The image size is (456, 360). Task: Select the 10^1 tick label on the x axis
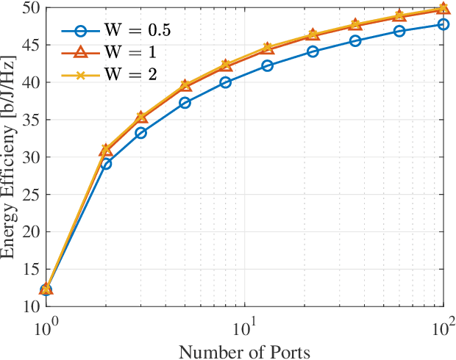tap(245, 323)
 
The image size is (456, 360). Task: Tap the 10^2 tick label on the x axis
tap(443, 323)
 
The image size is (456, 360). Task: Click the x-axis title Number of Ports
tap(244, 350)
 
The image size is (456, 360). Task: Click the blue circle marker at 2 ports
tap(107, 164)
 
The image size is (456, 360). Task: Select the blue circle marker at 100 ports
tap(443, 24)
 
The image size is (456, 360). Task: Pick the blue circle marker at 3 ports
tap(140, 133)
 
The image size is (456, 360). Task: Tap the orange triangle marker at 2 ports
tap(107, 150)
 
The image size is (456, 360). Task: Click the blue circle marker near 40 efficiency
tap(225, 82)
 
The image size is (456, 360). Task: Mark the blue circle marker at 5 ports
tap(185, 103)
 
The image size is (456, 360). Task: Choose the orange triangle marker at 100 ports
tap(443, 9)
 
